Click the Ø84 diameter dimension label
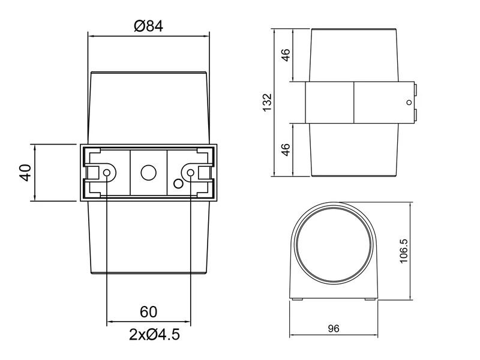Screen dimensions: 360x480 (149, 26)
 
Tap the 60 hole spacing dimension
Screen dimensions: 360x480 (148, 312)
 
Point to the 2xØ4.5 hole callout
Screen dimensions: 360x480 (154, 334)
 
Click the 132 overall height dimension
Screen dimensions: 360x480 (268, 102)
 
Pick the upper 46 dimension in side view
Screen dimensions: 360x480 (286, 55)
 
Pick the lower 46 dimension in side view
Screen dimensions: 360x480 (286, 149)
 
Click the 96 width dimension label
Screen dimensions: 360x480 (334, 329)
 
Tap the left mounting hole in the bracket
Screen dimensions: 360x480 (107, 173)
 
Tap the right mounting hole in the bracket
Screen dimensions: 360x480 (191, 173)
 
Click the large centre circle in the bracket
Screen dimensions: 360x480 (148, 173)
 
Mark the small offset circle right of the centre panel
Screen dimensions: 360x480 (177, 182)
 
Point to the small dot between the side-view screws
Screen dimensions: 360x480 (412, 103)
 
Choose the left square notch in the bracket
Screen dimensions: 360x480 (93, 173)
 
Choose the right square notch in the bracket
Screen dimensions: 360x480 (204, 173)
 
